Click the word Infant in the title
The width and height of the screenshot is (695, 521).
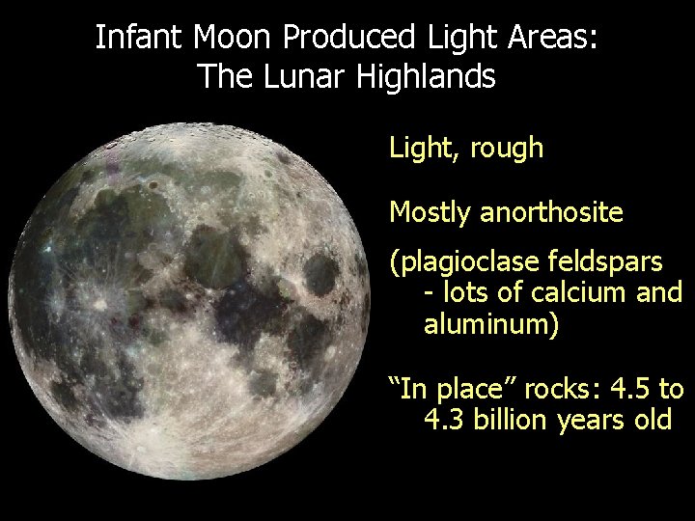(x=140, y=39)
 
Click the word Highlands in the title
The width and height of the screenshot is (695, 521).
(x=425, y=75)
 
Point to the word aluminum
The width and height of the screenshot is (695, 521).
(x=486, y=324)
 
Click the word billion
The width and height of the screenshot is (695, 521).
(x=517, y=421)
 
